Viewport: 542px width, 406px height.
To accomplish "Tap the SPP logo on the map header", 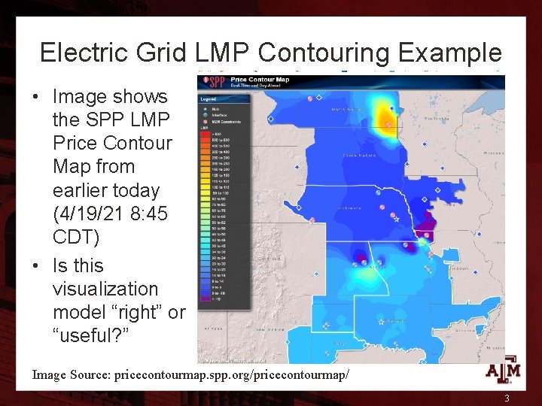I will pos(215,80).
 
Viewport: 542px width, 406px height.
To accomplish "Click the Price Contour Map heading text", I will pos(260,79).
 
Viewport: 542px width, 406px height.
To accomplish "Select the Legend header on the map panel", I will pos(208,98).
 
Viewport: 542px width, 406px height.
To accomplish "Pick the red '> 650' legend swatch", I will pos(203,134).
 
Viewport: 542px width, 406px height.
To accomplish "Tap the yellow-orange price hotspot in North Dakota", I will pos(388,117).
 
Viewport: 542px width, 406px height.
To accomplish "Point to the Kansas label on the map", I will pos(376,265).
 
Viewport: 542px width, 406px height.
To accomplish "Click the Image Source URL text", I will pos(190,374).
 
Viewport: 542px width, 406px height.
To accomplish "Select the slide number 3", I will pos(507,398).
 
